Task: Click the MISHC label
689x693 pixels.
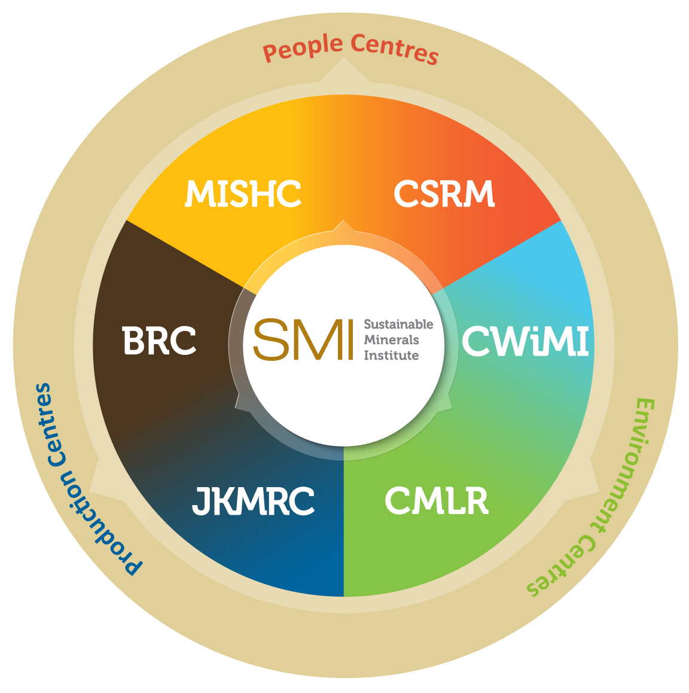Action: (243, 193)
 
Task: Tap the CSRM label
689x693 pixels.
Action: (444, 193)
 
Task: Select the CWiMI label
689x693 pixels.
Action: (526, 341)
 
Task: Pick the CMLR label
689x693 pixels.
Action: (437, 501)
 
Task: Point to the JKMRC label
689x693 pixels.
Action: (253, 501)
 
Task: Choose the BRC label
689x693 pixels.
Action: (159, 341)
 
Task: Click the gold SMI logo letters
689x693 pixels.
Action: (303, 339)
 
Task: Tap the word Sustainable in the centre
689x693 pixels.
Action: (398, 324)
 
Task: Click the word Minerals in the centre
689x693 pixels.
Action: (392, 340)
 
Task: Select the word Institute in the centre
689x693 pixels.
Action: (392, 355)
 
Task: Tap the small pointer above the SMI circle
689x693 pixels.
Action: (343, 224)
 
